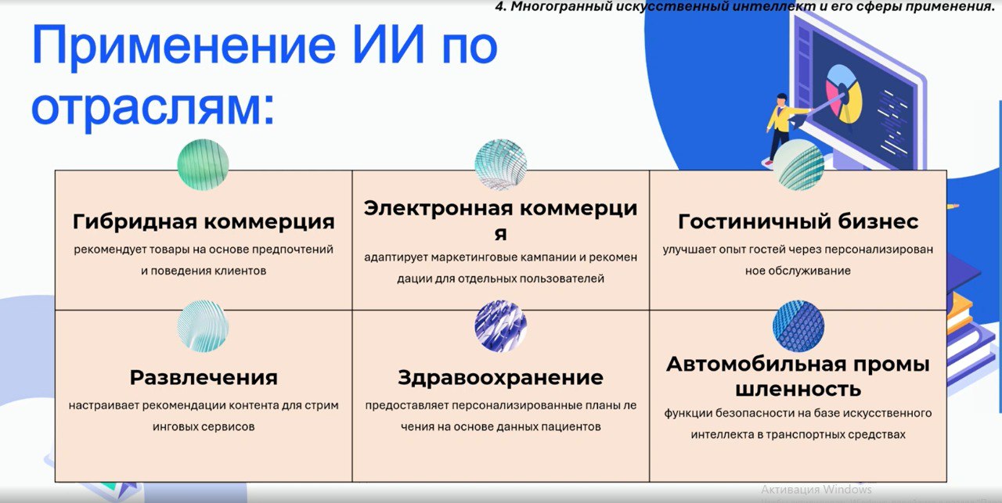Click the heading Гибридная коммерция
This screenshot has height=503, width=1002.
pos(204,221)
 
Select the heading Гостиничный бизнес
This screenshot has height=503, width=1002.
pos(798,221)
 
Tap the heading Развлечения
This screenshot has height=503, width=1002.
pos(204,378)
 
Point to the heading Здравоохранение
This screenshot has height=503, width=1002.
pos(500,378)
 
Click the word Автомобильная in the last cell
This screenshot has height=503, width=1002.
pos(756,365)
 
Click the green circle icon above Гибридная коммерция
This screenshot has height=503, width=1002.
pos(203,164)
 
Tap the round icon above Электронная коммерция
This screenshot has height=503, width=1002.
pos(500,164)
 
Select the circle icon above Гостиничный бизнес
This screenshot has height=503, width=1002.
pos(798,164)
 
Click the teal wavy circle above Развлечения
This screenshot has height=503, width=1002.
pos(203,326)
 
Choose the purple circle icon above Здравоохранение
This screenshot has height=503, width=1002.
pos(500,326)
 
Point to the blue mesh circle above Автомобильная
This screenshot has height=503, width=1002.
pos(798,326)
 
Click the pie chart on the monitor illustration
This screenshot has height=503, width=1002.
pos(844,93)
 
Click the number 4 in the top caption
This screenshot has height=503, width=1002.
pos(499,7)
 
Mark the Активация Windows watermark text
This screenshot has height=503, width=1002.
pos(816,490)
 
